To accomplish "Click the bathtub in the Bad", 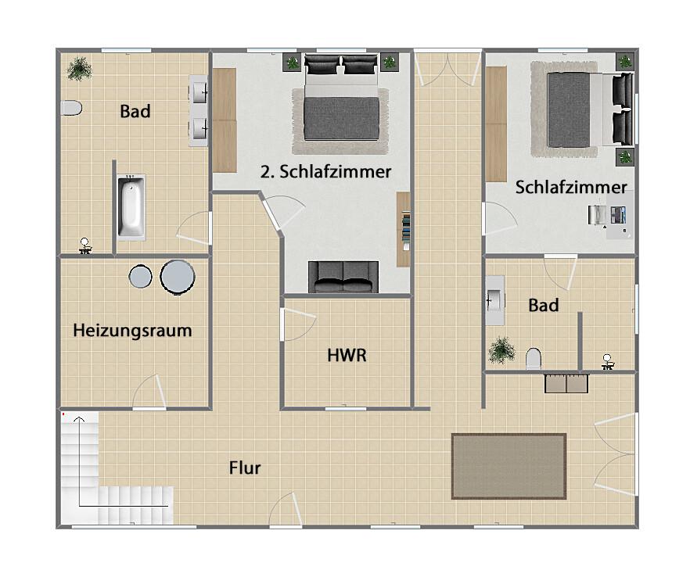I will coord(131,207).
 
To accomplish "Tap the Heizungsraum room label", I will coord(132,331).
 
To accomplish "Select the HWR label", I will coord(347,356).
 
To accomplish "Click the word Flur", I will coord(245,468).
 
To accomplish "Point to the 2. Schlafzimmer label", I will coord(325,172).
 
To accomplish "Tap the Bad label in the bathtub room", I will coord(135,112).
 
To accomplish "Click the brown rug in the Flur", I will coord(509,466).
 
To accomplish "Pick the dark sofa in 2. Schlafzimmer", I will coord(343,277).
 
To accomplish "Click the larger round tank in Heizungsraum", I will coord(178,276).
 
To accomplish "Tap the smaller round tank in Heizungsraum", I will coord(141,277).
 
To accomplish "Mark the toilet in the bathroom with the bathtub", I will coord(71,109).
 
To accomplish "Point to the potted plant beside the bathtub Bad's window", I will coord(79,69).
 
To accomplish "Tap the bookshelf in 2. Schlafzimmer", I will coord(404,228).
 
